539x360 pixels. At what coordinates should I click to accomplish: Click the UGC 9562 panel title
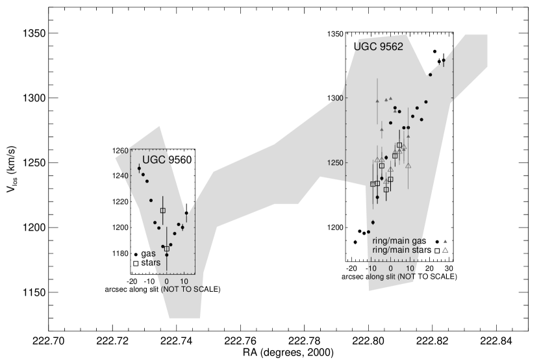(x=378, y=47)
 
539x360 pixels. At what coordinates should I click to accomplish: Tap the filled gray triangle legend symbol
(x=445, y=240)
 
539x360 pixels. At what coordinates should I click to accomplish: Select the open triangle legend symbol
(x=445, y=250)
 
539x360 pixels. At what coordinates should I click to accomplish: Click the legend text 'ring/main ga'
(x=397, y=240)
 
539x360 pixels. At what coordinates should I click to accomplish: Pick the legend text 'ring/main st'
(x=397, y=250)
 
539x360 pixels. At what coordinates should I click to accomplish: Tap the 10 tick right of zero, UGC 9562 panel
(x=410, y=268)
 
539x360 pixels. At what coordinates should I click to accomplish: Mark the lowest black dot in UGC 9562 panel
(x=368, y=231)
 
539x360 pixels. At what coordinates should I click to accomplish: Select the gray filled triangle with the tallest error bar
(x=377, y=101)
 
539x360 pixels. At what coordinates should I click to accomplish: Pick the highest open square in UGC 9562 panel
(x=399, y=145)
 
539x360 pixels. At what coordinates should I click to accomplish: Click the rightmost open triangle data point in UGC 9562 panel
(x=408, y=166)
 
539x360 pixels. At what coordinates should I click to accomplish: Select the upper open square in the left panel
(x=163, y=210)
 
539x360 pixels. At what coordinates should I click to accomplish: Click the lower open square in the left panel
(x=167, y=248)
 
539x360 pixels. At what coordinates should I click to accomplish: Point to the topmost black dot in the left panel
(x=139, y=168)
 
